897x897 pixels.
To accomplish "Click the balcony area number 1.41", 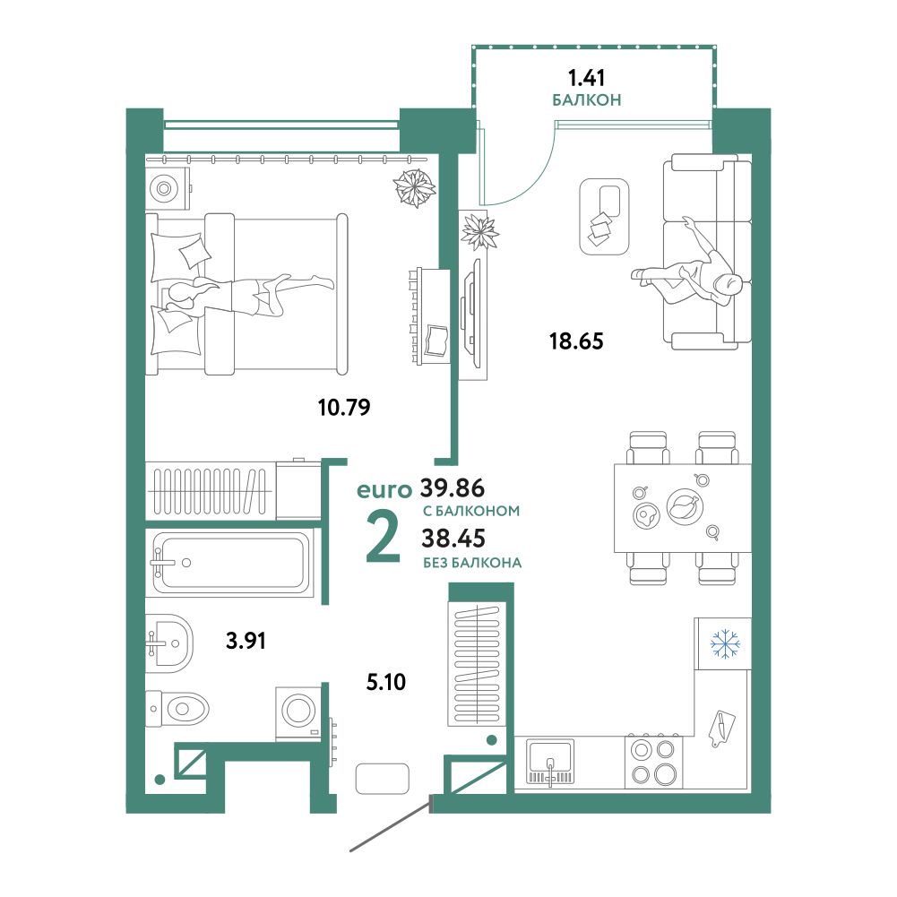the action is pos(586,77).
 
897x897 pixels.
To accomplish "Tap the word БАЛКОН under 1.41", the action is pos(586,100).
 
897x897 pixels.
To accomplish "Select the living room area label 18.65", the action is pos(576,341).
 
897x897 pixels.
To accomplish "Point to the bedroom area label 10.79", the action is pos(344,408).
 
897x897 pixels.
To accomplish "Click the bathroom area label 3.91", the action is pos(246,641).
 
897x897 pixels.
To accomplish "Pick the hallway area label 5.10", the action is pos(386,682).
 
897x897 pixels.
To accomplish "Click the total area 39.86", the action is pos(453,488).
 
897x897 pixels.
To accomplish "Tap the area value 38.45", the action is pos(453,539).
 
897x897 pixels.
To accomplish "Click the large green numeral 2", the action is pos(383,536).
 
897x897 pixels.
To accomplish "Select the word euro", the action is pos(384,490).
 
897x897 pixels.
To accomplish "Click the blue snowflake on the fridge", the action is pos(725,643).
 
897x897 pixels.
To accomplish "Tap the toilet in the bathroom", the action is pos(177,710).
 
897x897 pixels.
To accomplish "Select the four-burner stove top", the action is pos(653,762).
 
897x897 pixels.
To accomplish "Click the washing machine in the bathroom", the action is pos(298,712).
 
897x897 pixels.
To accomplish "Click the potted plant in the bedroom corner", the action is pos(414,187).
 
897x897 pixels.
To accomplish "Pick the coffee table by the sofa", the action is pos(604,216).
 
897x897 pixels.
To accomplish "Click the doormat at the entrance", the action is pos(382,779).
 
